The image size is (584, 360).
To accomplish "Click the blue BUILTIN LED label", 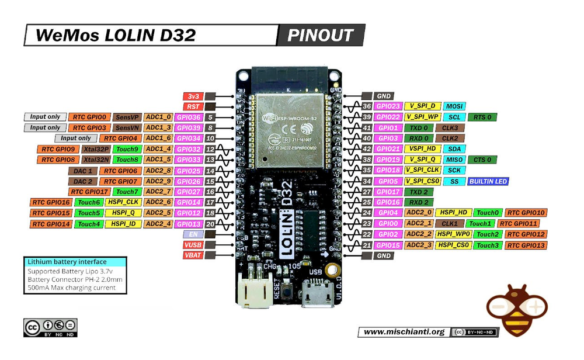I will tap(488, 181).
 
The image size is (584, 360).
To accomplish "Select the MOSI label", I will tap(455, 106).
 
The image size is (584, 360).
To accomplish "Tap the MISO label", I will tap(455, 160).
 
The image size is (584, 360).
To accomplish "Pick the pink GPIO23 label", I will tap(387, 106).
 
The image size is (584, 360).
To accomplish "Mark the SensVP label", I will tap(126, 117).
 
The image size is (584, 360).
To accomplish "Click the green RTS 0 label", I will tap(483, 117).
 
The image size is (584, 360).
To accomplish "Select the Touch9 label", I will tap(126, 149).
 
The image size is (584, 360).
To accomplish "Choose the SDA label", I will tap(455, 149).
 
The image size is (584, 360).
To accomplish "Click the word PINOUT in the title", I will tap(321, 36).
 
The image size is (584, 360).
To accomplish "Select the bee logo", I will tap(517, 310).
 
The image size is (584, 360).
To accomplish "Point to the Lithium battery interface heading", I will tap(67, 262).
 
